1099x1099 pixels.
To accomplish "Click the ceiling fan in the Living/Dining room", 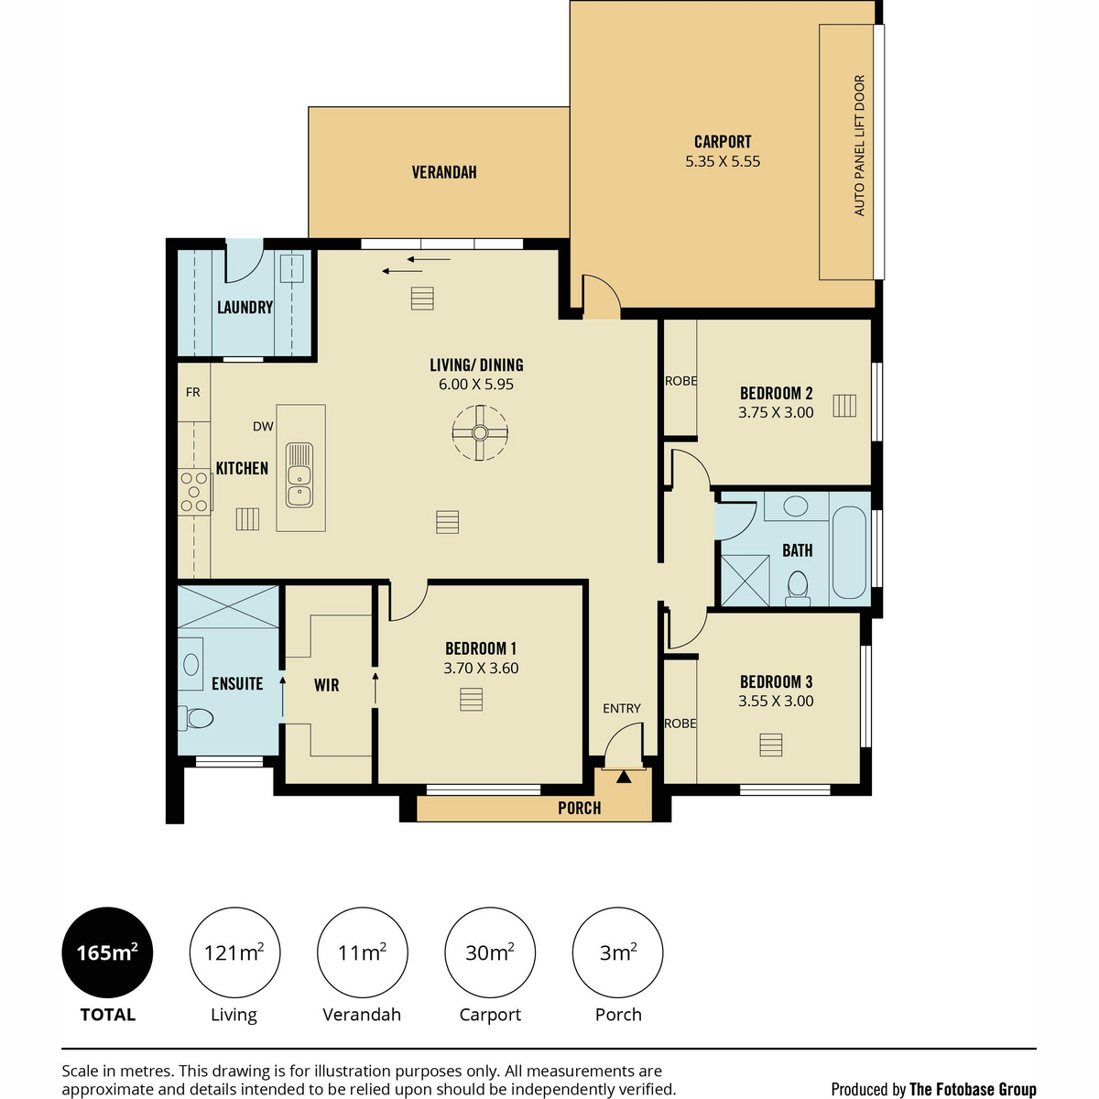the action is pos(480,433).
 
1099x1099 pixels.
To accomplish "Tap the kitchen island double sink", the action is pos(299,475).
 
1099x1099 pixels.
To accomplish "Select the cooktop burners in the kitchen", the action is pos(194,492).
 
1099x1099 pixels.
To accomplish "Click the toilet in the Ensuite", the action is pos(196,718).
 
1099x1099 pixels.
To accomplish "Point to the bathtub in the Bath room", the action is pos(849,552).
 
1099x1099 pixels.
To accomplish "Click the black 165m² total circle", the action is pos(107,952).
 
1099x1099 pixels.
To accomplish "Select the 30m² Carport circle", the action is pos(490,952).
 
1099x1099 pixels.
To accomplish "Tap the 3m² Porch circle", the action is pos(617,952).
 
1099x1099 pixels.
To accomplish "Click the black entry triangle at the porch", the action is pos(624,777).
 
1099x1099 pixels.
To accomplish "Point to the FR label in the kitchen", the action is pos(192,392).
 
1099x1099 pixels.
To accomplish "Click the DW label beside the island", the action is pos(263,426).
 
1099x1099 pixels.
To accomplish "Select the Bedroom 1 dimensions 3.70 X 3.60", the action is pos(481,668).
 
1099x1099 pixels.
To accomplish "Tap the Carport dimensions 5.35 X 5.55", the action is pos(723,161).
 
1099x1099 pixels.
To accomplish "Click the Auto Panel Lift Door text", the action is pos(859,146).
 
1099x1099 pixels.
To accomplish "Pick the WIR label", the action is pos(326,684).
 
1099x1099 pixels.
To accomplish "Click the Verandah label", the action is pos(444,172).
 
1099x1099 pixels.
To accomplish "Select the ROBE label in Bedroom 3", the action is pos(680,724).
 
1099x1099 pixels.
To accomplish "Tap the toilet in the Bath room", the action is pos(798,589).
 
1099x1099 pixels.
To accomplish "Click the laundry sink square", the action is pos(291,268).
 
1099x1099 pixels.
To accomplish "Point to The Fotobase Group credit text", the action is pos(973,1089).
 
